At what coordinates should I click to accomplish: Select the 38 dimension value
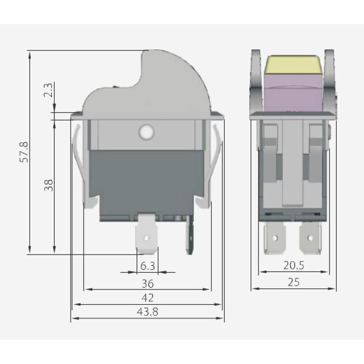point(49,185)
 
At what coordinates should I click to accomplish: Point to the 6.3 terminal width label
point(147,266)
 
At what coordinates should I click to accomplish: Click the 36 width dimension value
point(147,283)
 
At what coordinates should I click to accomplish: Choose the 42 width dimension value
point(147,298)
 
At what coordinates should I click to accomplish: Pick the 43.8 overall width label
point(147,312)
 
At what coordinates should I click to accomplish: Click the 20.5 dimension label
point(293,266)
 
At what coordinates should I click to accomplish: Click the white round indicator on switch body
point(146,132)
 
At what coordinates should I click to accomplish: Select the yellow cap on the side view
point(293,64)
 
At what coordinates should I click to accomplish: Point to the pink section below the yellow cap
point(293,93)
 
